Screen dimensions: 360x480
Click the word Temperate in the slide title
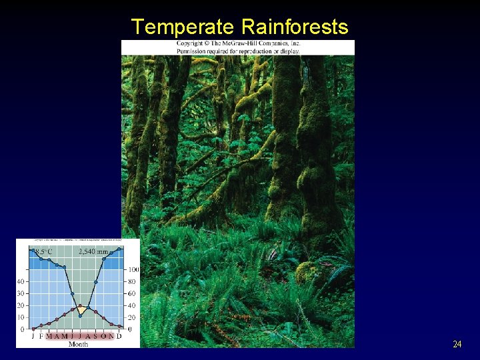[183, 27]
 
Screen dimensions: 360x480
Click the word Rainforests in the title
[295, 27]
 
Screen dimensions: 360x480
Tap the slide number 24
[457, 345]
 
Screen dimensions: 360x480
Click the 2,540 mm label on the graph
[93, 252]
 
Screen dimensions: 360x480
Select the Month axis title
[78, 344]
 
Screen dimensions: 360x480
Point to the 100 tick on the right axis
[133, 270]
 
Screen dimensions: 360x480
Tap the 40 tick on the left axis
[21, 281]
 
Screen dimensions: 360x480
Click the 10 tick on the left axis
[21, 317]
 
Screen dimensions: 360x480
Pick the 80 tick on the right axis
[132, 282]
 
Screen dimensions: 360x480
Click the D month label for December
[119, 336]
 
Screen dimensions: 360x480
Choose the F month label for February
[41, 336]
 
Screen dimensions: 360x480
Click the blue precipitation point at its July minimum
[81, 315]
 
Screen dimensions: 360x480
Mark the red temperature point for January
[33, 328]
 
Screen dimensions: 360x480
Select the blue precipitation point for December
[119, 249]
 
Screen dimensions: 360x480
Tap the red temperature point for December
[119, 327]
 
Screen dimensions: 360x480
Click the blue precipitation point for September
[96, 282]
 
